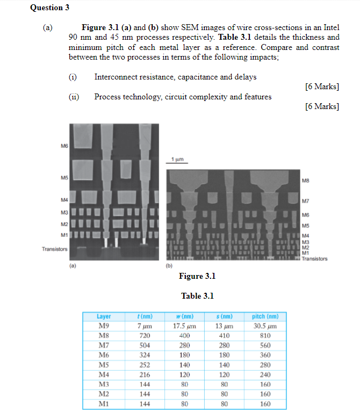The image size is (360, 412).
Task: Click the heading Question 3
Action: click(x=50, y=8)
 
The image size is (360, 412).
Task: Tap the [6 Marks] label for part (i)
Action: click(x=321, y=86)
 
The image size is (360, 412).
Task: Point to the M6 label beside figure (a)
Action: click(x=64, y=145)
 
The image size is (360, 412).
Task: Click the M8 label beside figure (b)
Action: click(x=306, y=181)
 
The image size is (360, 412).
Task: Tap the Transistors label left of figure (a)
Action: click(x=55, y=249)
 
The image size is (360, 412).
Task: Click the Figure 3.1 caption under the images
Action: click(x=197, y=276)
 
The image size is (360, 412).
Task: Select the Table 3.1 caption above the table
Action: click(x=197, y=296)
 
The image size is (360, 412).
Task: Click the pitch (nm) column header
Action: click(x=265, y=316)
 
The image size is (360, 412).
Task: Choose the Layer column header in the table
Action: click(x=104, y=316)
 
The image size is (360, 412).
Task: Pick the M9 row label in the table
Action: click(x=104, y=326)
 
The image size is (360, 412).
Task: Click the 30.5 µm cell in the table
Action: click(x=265, y=326)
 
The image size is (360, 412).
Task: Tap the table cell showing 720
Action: click(x=144, y=335)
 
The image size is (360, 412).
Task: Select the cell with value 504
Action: click(x=144, y=345)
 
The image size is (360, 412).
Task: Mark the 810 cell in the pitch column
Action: click(x=265, y=335)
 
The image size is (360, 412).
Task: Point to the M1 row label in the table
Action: click(x=104, y=403)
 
